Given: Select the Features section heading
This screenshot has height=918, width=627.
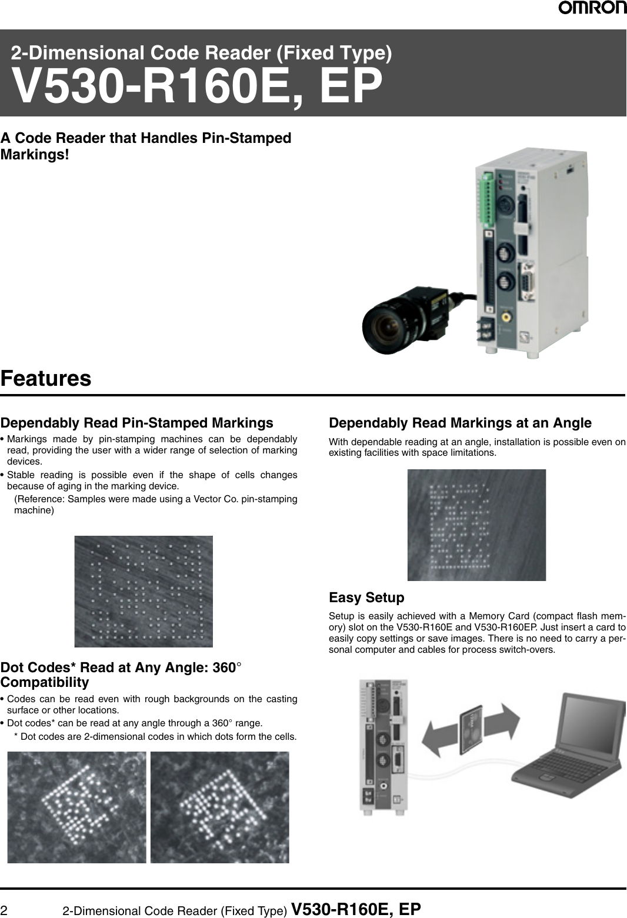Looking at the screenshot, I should [x=46, y=378].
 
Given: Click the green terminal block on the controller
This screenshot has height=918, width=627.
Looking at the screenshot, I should [x=487, y=199].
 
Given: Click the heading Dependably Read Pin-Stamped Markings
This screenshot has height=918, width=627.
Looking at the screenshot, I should [x=136, y=423].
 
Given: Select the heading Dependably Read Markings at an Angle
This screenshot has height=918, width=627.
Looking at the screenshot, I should [x=460, y=423].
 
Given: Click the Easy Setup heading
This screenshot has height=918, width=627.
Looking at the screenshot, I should [x=366, y=597].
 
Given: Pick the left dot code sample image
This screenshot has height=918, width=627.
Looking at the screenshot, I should [x=76, y=807].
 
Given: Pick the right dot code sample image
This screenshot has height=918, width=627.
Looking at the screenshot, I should [x=219, y=807].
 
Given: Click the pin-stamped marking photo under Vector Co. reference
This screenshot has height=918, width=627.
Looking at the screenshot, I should [x=144, y=591].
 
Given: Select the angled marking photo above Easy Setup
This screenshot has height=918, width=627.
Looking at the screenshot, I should [x=476, y=525].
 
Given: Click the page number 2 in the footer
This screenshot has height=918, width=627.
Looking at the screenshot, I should [x=4, y=910].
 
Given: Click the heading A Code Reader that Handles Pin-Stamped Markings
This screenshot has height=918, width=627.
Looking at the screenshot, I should [x=145, y=146].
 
